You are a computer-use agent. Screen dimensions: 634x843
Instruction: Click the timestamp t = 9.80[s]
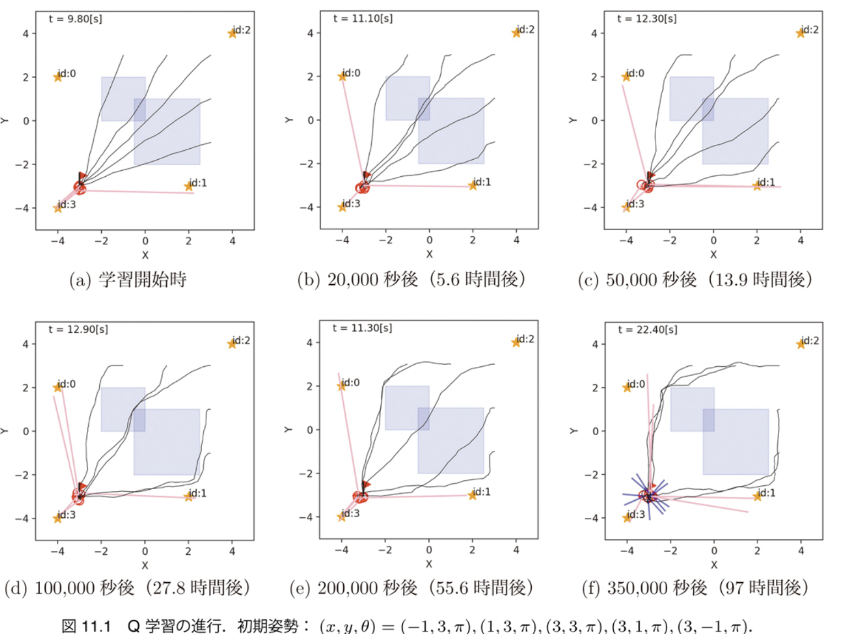coord(75,19)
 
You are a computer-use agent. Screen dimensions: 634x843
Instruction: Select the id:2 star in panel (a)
coord(233,34)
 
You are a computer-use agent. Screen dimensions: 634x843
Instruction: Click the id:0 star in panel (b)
coord(342,77)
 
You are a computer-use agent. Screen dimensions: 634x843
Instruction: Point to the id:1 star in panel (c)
coord(757,186)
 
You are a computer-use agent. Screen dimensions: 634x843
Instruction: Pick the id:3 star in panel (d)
coord(58,518)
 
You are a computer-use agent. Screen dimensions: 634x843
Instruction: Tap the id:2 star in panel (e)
coord(516,343)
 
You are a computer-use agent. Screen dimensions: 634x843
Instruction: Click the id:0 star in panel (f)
coord(627,387)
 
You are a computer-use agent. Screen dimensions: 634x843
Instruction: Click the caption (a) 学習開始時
coord(128,280)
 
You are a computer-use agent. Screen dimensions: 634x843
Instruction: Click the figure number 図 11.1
coord(87,626)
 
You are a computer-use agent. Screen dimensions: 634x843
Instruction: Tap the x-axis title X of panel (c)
coord(714,254)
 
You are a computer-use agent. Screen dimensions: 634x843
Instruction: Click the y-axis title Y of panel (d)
coord(4,431)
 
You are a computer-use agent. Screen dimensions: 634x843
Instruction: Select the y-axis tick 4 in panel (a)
coord(25,34)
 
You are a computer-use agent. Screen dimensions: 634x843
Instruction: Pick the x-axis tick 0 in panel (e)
coord(429,550)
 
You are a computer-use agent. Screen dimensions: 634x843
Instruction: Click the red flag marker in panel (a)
coord(83,176)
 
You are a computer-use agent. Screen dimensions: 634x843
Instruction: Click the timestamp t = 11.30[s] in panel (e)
coord(363,328)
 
